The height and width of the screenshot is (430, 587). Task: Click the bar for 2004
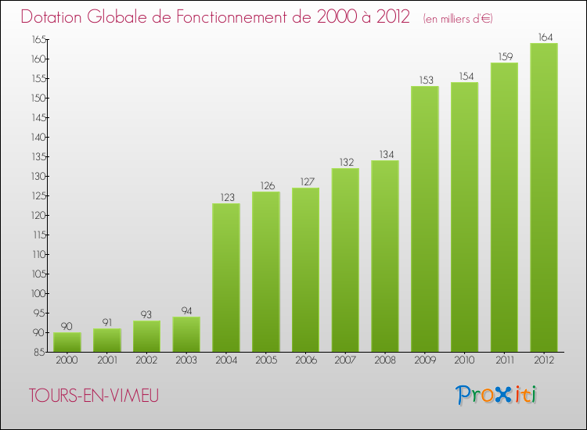pyautogui.click(x=226, y=278)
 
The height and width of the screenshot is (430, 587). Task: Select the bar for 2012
pyautogui.click(x=544, y=197)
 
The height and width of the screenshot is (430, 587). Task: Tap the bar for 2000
pyautogui.click(x=67, y=342)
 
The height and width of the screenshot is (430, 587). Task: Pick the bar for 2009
pyautogui.click(x=425, y=219)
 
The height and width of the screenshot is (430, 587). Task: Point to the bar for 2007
pyautogui.click(x=345, y=260)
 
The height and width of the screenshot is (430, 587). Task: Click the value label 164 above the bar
pyautogui.click(x=544, y=36)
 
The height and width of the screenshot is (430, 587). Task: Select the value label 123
pyautogui.click(x=226, y=197)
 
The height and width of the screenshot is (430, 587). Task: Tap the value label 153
pyautogui.click(x=425, y=80)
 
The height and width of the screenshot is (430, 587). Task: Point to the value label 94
pyautogui.click(x=186, y=310)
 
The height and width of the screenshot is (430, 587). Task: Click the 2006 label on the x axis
pyautogui.click(x=305, y=361)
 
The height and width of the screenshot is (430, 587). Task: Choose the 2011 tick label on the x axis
pyautogui.click(x=504, y=361)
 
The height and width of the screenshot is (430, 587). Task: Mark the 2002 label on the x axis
pyautogui.click(x=146, y=361)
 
